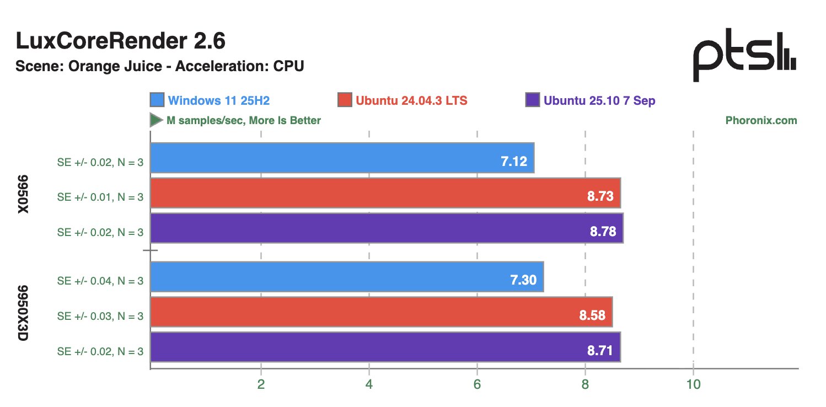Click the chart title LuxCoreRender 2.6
point(120,41)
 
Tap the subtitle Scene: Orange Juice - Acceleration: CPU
point(160,66)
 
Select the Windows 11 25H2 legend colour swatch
point(157,100)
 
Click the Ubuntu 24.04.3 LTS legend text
point(411,101)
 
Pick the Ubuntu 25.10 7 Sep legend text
point(599,101)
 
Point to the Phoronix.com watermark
point(761,120)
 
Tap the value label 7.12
point(514,162)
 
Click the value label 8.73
point(600,196)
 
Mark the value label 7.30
point(523,280)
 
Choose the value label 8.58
point(592,315)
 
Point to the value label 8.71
point(600,351)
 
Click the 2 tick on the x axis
point(261,384)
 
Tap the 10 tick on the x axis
point(693,384)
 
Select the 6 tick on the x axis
point(477,384)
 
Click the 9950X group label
point(23,197)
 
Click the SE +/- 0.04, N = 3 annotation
point(100,281)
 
